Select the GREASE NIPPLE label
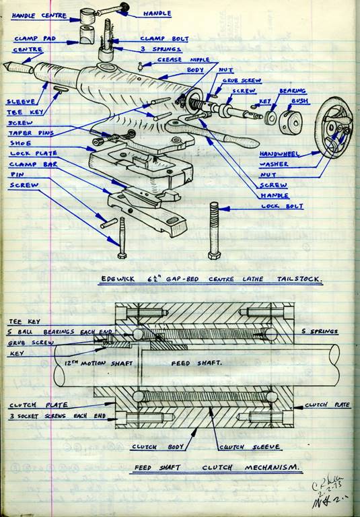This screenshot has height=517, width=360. click(x=180, y=60)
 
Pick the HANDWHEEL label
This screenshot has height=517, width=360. click(x=280, y=153)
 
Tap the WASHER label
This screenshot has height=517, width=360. click(x=273, y=164)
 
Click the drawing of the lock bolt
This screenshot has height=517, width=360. click(x=215, y=230)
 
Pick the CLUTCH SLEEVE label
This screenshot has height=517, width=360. click(x=240, y=447)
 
